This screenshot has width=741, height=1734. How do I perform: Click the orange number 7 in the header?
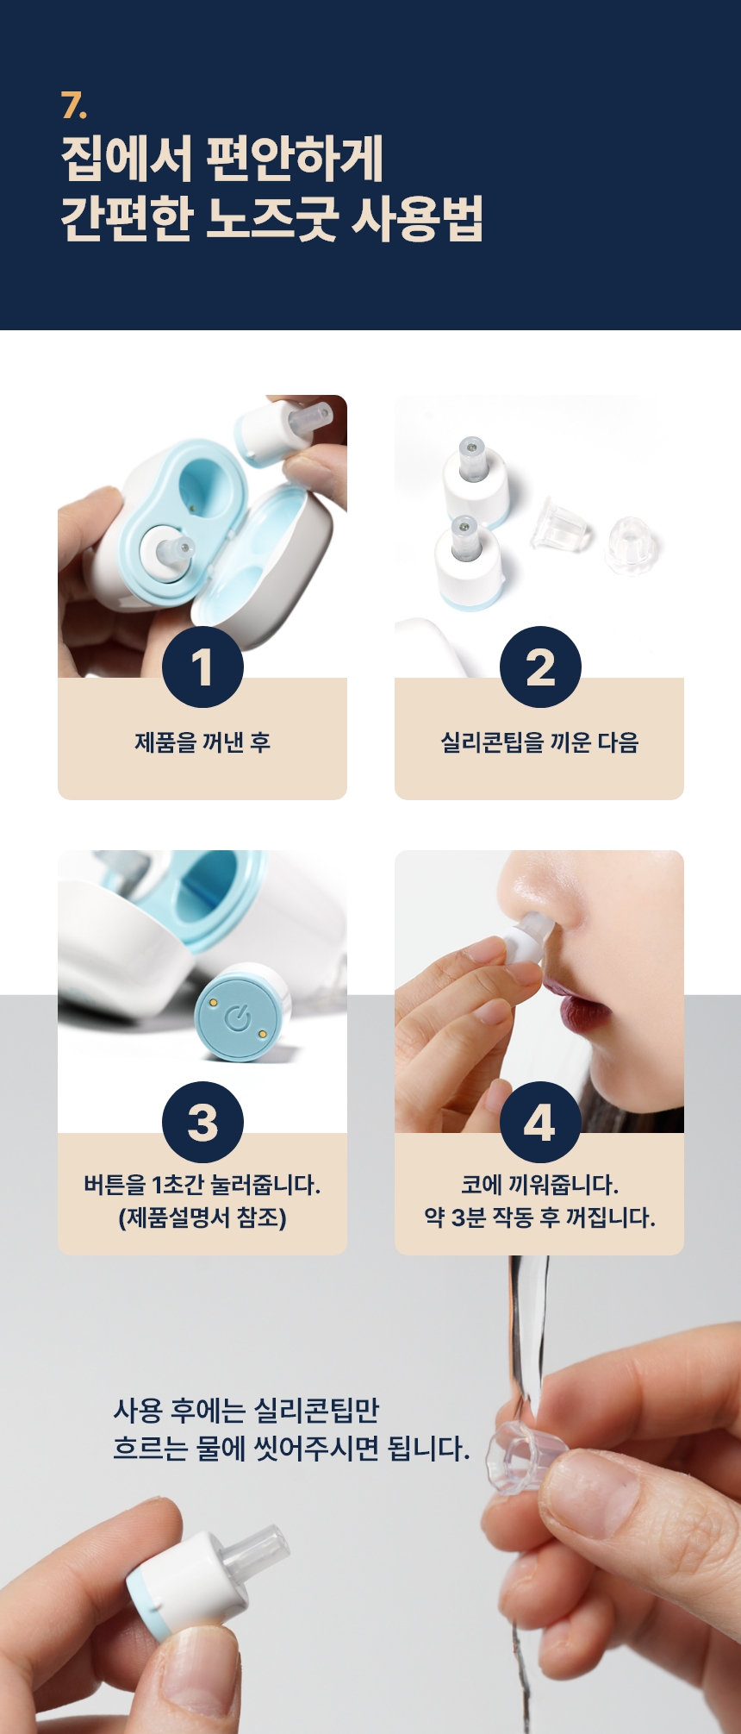[73, 105]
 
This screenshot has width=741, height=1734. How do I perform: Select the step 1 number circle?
[202, 667]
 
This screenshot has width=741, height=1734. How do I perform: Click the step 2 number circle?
[540, 667]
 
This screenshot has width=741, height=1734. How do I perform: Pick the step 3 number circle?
[202, 1122]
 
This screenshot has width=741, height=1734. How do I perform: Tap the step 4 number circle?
[540, 1122]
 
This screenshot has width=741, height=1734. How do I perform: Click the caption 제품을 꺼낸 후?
[202, 742]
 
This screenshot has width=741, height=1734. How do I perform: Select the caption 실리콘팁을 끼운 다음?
[539, 742]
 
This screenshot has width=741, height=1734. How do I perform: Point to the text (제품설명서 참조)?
[202, 1218]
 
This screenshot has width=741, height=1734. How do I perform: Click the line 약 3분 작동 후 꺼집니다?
[539, 1218]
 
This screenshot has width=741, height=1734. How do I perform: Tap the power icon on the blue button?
[238, 1019]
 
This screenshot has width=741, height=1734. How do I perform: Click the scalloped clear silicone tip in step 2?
[632, 545]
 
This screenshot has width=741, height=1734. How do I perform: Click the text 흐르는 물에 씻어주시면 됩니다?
[291, 1448]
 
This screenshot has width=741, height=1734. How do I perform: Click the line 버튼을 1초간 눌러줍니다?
[202, 1185]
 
